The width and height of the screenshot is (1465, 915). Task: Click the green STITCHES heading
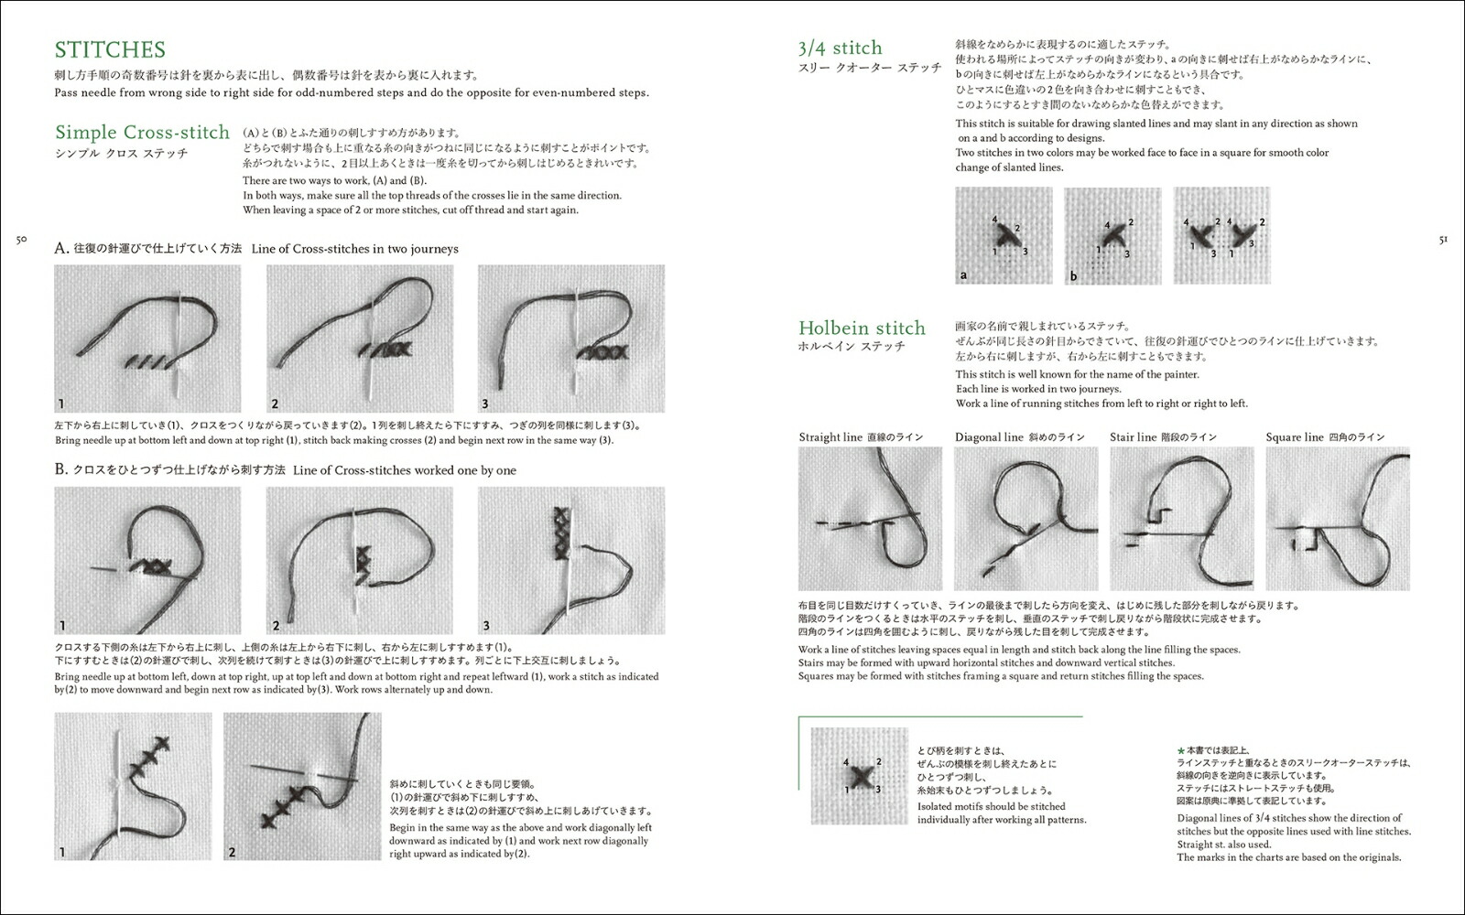click(x=110, y=49)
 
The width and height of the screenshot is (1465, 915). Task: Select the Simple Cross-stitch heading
click(x=142, y=132)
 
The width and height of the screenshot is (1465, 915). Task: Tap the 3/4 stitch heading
click(x=840, y=48)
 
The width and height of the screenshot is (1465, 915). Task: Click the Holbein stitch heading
click(x=862, y=328)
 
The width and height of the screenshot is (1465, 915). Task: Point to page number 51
click(x=1442, y=240)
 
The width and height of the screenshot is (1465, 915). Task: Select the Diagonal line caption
click(x=989, y=437)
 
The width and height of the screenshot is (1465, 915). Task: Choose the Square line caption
click(x=1294, y=437)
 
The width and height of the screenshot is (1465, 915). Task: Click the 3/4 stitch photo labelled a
click(x=1004, y=236)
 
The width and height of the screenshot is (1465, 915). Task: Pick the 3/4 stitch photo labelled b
click(x=1112, y=236)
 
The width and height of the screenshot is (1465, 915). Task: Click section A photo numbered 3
click(x=571, y=339)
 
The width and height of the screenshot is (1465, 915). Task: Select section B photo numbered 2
click(x=359, y=561)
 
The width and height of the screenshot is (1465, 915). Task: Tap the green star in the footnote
click(x=1180, y=748)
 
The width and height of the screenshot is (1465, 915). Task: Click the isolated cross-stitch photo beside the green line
click(x=859, y=776)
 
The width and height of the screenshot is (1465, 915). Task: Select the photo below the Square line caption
click(x=1338, y=519)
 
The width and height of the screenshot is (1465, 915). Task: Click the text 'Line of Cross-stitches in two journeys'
click(x=355, y=249)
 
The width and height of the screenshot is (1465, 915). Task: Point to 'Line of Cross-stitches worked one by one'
click(x=405, y=470)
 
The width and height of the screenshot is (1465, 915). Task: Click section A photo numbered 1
click(x=147, y=339)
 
